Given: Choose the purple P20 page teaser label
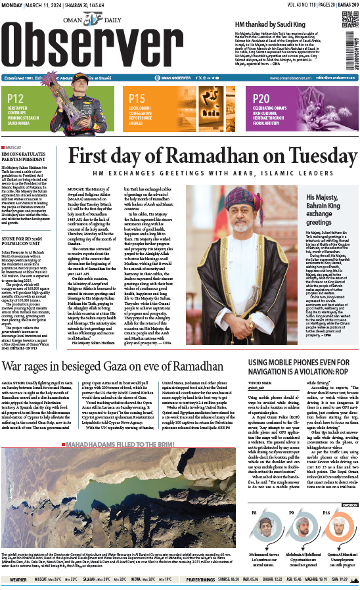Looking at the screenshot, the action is [261, 99].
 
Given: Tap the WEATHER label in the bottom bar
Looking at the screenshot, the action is [18, 579].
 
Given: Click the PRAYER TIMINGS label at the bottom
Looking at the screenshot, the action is [200, 579].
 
